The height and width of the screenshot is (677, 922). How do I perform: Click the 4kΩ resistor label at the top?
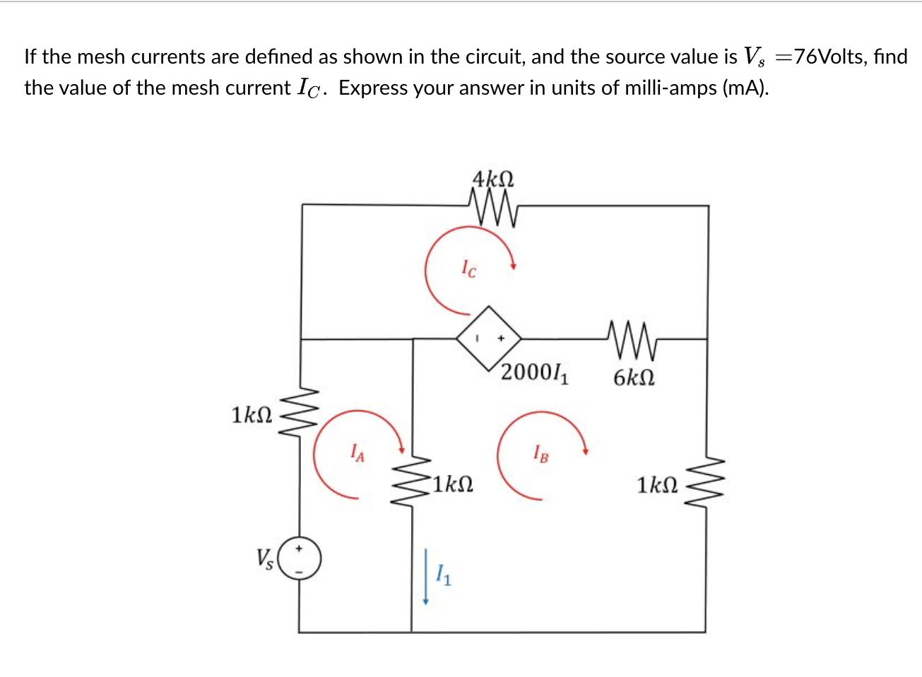tap(493, 178)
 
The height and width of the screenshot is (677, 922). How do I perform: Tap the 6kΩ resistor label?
tap(634, 378)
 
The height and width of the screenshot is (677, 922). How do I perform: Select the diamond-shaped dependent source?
tap(489, 338)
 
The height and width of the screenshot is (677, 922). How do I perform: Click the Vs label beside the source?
tap(265, 559)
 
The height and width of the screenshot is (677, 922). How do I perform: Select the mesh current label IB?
tap(540, 452)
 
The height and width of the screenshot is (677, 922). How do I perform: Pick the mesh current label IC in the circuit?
tap(468, 269)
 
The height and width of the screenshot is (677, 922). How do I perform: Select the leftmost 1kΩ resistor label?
tap(252, 415)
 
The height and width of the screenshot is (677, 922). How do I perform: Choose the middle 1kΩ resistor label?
tap(453, 485)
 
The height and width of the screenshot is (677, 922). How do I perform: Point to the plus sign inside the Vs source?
tap(299, 548)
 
